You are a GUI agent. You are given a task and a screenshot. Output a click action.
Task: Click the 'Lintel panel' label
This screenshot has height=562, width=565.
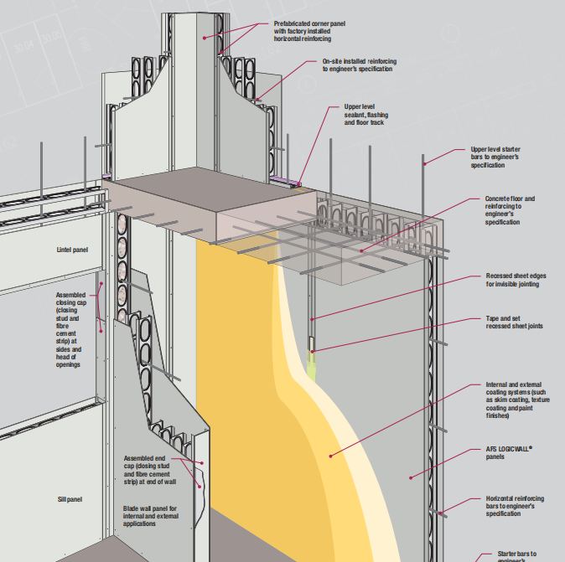tap(73, 250)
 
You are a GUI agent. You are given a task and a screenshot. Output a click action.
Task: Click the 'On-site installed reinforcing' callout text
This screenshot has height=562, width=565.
tap(358, 65)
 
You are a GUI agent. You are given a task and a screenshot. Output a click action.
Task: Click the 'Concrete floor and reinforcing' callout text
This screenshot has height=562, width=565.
tap(510, 210)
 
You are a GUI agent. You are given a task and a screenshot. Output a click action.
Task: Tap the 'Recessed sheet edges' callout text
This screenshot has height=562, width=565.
tap(512, 280)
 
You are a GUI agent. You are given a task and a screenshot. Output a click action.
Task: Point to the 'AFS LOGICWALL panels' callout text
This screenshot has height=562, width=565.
tap(509, 453)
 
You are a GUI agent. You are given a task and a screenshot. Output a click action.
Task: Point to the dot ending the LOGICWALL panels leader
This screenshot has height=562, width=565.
tap(411, 477)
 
